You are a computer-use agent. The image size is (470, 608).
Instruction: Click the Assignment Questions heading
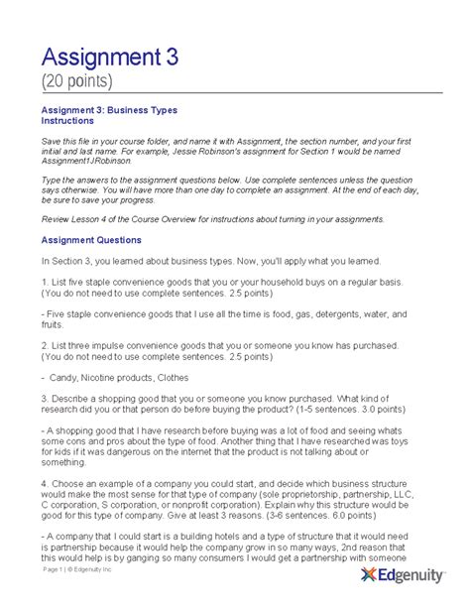[90, 239]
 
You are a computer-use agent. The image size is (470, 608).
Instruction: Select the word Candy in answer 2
[63, 378]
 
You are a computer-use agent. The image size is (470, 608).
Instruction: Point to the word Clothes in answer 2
[190, 378]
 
